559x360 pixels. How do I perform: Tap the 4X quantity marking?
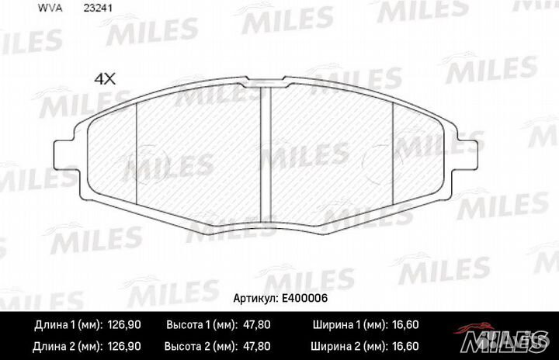coord(104,78)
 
